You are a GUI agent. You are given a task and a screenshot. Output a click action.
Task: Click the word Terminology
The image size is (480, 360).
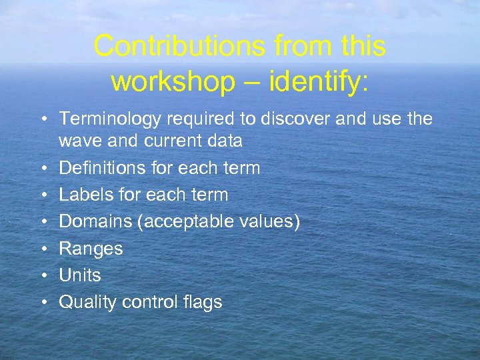[110, 119]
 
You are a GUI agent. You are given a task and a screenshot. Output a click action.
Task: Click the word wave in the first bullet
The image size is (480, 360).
[79, 141]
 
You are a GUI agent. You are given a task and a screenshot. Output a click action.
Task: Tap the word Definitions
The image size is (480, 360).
[103, 168]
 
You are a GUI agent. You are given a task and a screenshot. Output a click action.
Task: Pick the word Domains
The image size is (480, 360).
[95, 222]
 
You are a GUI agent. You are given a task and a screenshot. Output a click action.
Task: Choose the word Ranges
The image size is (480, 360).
[91, 249]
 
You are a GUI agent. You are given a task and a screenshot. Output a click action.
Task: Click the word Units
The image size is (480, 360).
[80, 275]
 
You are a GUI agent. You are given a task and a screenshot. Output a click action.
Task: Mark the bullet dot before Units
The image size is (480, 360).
[43, 276]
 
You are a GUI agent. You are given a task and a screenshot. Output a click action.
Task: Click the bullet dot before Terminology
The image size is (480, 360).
[43, 119]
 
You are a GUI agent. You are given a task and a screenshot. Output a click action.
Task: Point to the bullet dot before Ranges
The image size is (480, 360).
[43, 249]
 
